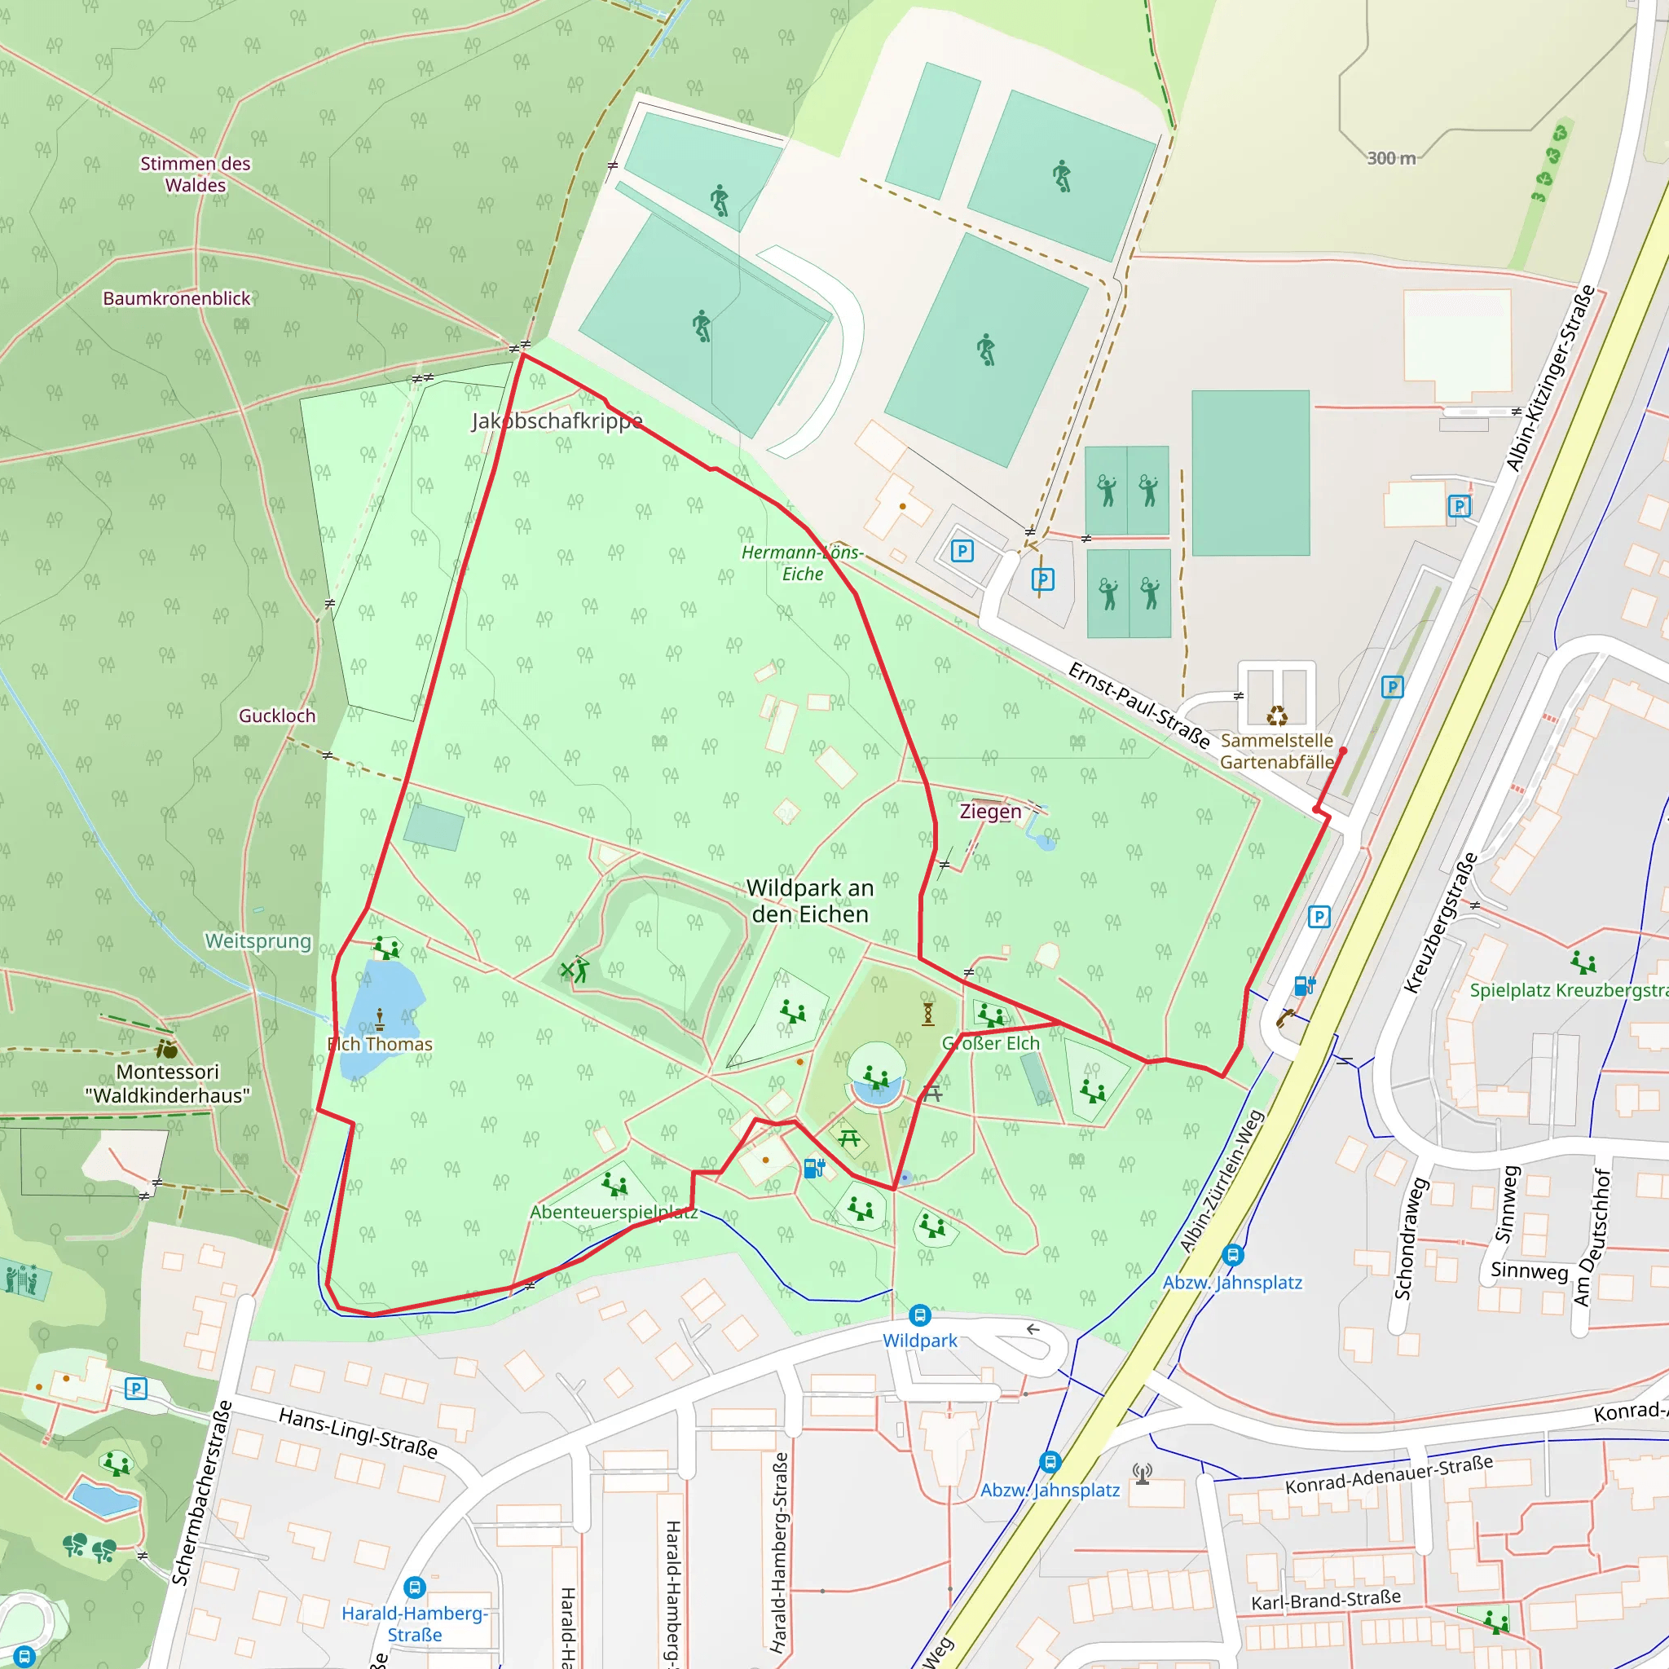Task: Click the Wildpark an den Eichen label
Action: coord(809,901)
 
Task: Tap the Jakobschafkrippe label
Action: coord(557,421)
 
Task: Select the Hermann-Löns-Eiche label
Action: coord(803,562)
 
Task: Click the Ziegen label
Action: coord(990,811)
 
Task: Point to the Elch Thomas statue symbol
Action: coord(379,1019)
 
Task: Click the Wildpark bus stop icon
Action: coord(919,1315)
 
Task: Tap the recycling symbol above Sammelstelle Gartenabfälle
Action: coord(1277,716)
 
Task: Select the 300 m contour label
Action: coord(1391,158)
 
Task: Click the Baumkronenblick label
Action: coord(176,298)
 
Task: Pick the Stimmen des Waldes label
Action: coord(196,174)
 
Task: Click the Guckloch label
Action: coord(277,716)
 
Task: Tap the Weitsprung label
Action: coord(258,940)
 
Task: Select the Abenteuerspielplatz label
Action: coord(614,1212)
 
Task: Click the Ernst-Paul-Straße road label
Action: coord(1138,705)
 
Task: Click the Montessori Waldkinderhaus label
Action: coord(168,1083)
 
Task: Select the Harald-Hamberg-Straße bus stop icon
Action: coord(415,1587)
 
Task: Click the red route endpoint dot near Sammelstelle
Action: coord(1342,751)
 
